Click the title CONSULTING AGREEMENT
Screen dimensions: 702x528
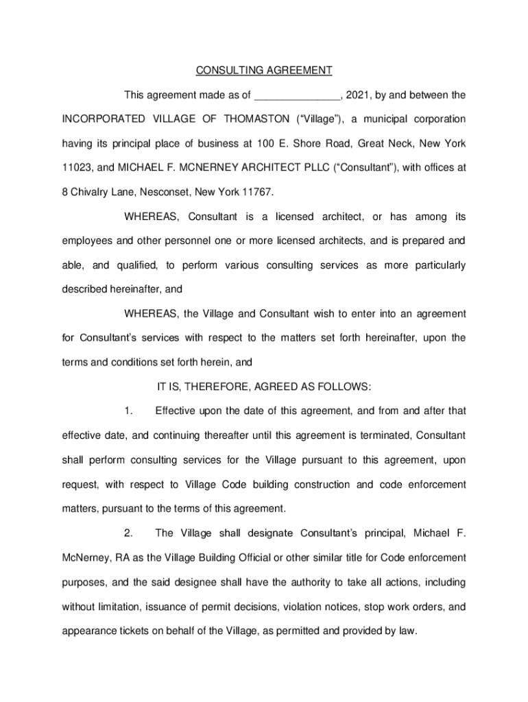pyautogui.click(x=264, y=71)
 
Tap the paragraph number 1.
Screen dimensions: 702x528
pyautogui.click(x=128, y=411)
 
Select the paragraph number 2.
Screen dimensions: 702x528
pyautogui.click(x=128, y=533)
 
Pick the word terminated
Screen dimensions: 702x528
pyautogui.click(x=383, y=436)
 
